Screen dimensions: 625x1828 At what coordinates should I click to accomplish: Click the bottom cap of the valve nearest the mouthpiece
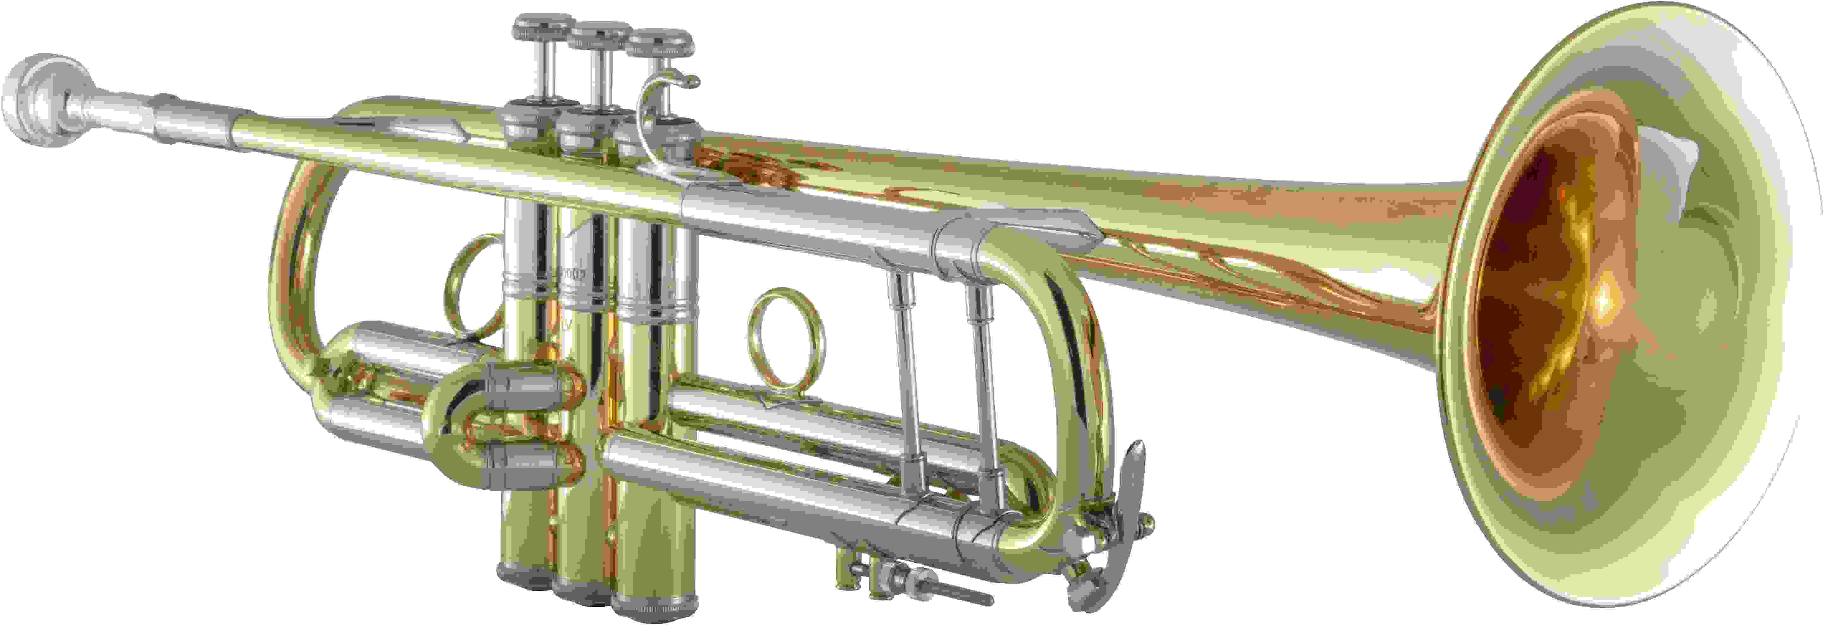[525, 575]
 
